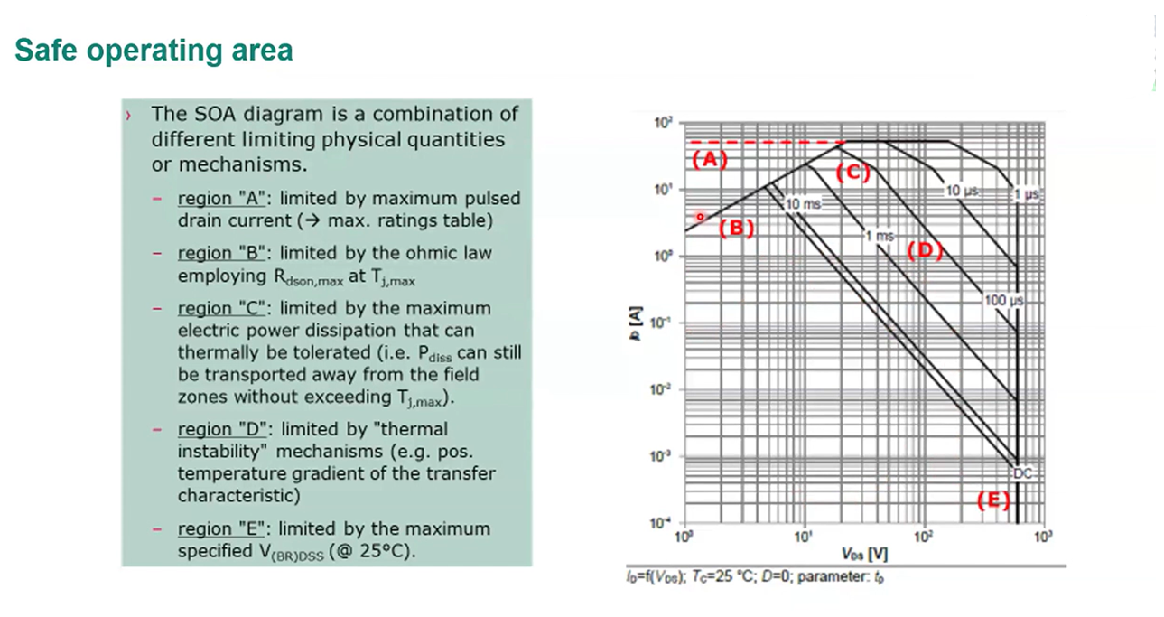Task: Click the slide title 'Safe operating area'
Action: click(x=154, y=50)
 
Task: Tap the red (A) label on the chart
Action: click(x=709, y=160)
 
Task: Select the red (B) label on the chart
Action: click(x=736, y=228)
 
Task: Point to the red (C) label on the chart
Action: click(x=852, y=173)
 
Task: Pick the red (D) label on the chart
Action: click(x=924, y=250)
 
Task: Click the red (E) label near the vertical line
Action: click(x=994, y=500)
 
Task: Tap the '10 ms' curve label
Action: click(x=803, y=205)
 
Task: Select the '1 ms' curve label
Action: click(x=878, y=236)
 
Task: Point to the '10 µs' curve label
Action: click(x=962, y=191)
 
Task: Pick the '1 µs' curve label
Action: click(x=1029, y=193)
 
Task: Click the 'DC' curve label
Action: click(x=1021, y=472)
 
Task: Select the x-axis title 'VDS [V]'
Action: click(x=864, y=553)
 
